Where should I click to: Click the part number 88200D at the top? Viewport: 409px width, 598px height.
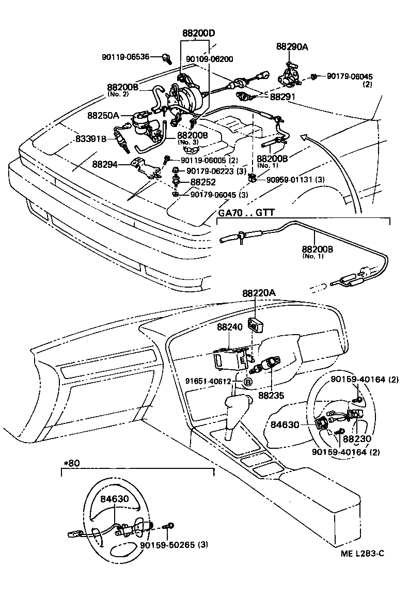198,34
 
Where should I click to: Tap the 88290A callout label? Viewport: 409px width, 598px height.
292,47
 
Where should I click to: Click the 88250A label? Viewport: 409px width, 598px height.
103,116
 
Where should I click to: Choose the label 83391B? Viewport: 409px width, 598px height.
91,139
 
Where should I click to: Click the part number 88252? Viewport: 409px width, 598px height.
203,182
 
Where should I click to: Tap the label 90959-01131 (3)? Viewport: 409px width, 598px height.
295,180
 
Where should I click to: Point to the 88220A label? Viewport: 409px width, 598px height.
259,293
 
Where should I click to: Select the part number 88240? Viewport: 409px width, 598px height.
229,327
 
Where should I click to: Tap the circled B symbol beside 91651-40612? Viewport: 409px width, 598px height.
247,382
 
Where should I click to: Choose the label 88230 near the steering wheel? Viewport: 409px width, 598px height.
357,439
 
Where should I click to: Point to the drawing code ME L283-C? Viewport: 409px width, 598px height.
363,554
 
